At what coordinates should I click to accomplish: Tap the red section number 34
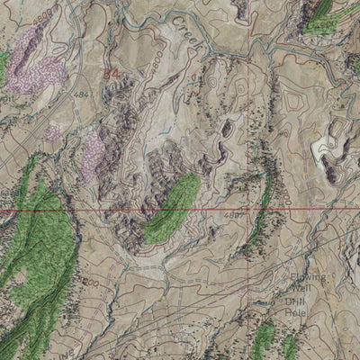(x=111, y=74)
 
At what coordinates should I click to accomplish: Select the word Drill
(x=296, y=301)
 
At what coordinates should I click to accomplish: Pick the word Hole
(x=295, y=313)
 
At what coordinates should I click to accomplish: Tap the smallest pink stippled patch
(x=52, y=133)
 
